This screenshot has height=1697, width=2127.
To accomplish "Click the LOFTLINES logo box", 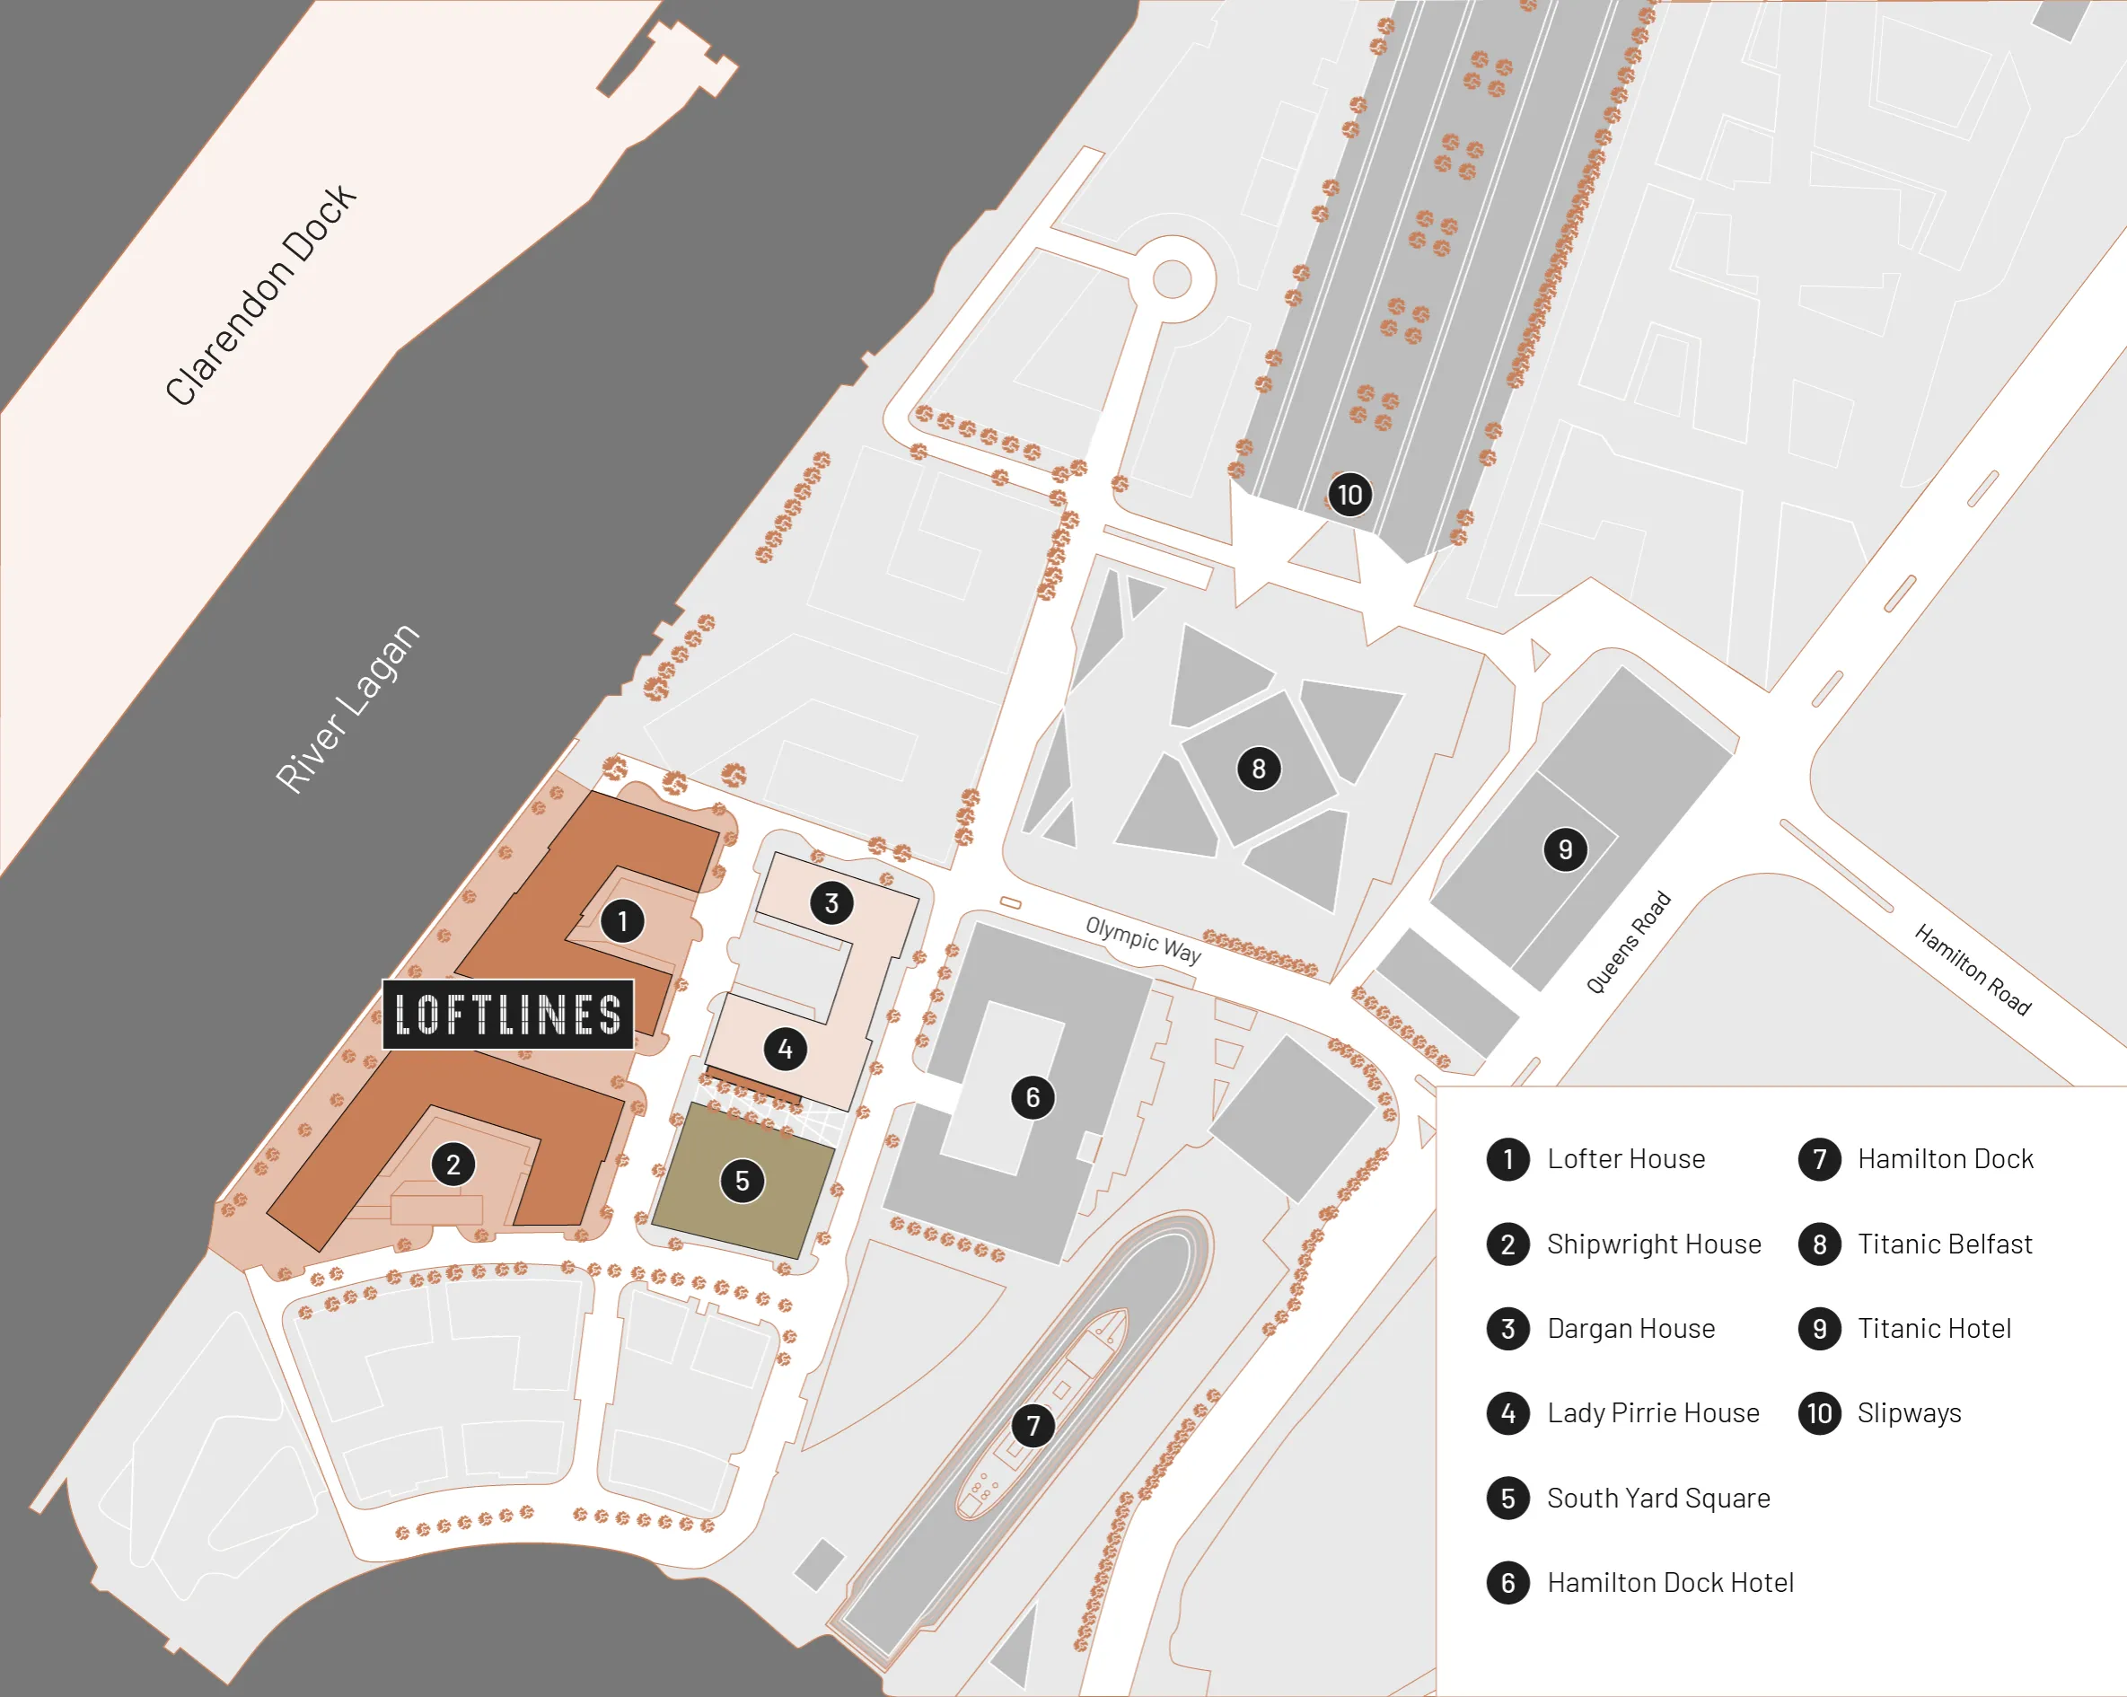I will click(507, 1014).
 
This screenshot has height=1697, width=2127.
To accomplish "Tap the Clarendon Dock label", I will click(260, 294).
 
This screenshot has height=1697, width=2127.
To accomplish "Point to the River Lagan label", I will click(347, 708).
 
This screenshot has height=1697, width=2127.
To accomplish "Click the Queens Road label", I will click(1628, 942).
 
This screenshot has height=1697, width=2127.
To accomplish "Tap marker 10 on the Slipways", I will click(1349, 495).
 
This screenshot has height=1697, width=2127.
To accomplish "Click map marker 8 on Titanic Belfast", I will click(1258, 769).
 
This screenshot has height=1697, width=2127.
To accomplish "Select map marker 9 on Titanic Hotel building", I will click(1565, 849).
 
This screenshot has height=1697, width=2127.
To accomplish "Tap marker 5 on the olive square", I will click(742, 1181).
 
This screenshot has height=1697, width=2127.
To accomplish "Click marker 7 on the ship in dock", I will click(1032, 1426).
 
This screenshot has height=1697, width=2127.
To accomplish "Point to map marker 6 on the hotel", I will click(1032, 1097).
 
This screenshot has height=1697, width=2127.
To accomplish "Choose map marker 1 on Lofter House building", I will click(621, 921).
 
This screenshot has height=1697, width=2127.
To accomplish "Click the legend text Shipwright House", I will click(1654, 1244).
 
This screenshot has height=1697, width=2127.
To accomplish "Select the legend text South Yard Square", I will click(1657, 1498).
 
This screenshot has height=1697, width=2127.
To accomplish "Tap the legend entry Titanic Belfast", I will click(1944, 1244).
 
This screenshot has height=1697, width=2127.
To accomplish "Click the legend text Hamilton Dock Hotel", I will click(1669, 1583).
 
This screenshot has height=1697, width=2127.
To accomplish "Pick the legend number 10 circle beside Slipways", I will click(1819, 1413).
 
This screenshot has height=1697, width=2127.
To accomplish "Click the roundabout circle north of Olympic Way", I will click(1171, 278).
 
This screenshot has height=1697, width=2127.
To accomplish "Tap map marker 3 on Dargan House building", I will click(831, 902).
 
